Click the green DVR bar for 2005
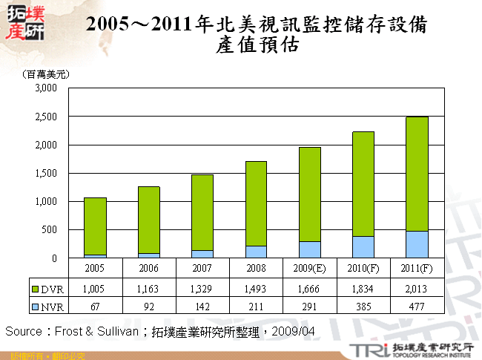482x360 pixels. click(95, 226)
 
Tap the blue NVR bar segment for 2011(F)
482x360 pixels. click(417, 244)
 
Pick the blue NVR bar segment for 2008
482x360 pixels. click(256, 252)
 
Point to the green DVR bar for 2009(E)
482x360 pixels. click(309, 194)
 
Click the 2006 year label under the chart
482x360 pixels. click(148, 267)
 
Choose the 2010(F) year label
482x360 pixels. click(363, 267)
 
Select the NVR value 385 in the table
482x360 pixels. click(363, 305)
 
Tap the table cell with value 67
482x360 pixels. click(95, 305)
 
